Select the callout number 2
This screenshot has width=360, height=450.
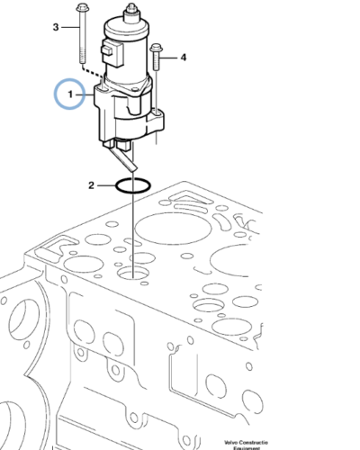91,186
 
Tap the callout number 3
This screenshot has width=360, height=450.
55,28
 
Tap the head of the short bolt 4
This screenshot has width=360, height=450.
157,49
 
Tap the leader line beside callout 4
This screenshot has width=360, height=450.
170,58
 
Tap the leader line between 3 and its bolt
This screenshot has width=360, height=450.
68,28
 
